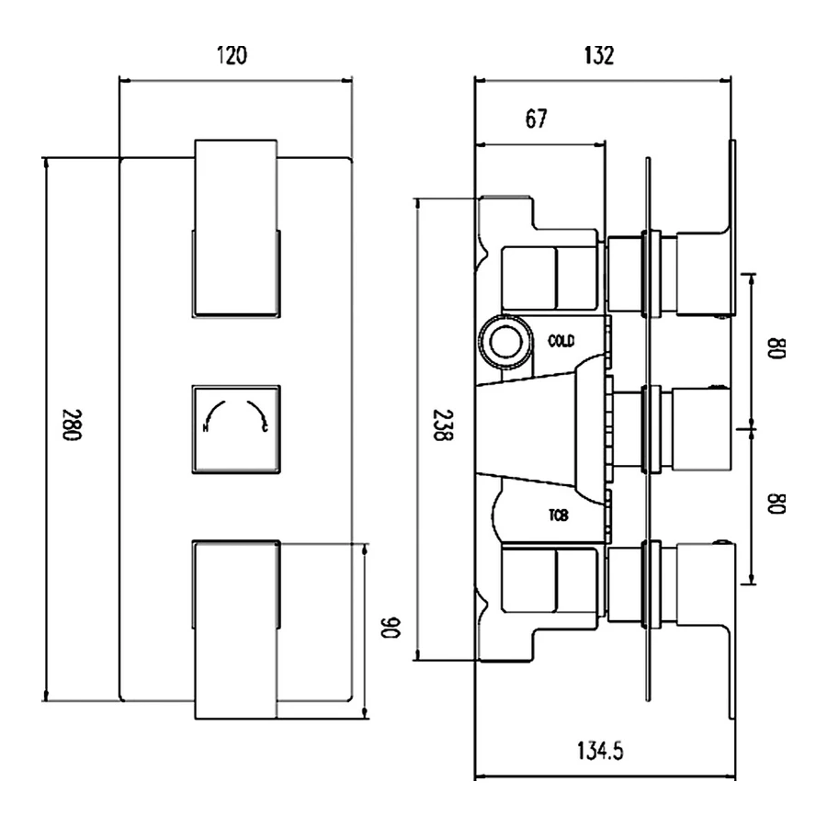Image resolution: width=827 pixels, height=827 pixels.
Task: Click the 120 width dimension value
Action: click(232, 56)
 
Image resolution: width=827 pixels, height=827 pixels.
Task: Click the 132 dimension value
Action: click(598, 56)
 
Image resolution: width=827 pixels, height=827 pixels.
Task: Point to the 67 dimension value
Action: click(536, 119)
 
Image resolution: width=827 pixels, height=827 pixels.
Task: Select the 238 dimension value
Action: click(444, 427)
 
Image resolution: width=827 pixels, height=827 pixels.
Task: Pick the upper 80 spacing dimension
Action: click(777, 350)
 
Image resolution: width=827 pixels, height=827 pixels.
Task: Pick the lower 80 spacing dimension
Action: click(777, 504)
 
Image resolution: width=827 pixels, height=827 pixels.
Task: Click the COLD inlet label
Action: click(561, 342)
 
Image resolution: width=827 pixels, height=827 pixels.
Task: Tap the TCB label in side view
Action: click(558, 516)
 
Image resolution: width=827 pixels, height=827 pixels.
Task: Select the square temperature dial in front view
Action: click(236, 429)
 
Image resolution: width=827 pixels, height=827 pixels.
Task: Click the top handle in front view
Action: click(236, 230)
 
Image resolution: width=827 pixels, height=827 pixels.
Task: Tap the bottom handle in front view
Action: click(236, 629)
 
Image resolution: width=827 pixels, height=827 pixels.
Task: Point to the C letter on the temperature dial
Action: click(266, 428)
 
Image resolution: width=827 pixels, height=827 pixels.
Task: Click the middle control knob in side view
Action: click(704, 429)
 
